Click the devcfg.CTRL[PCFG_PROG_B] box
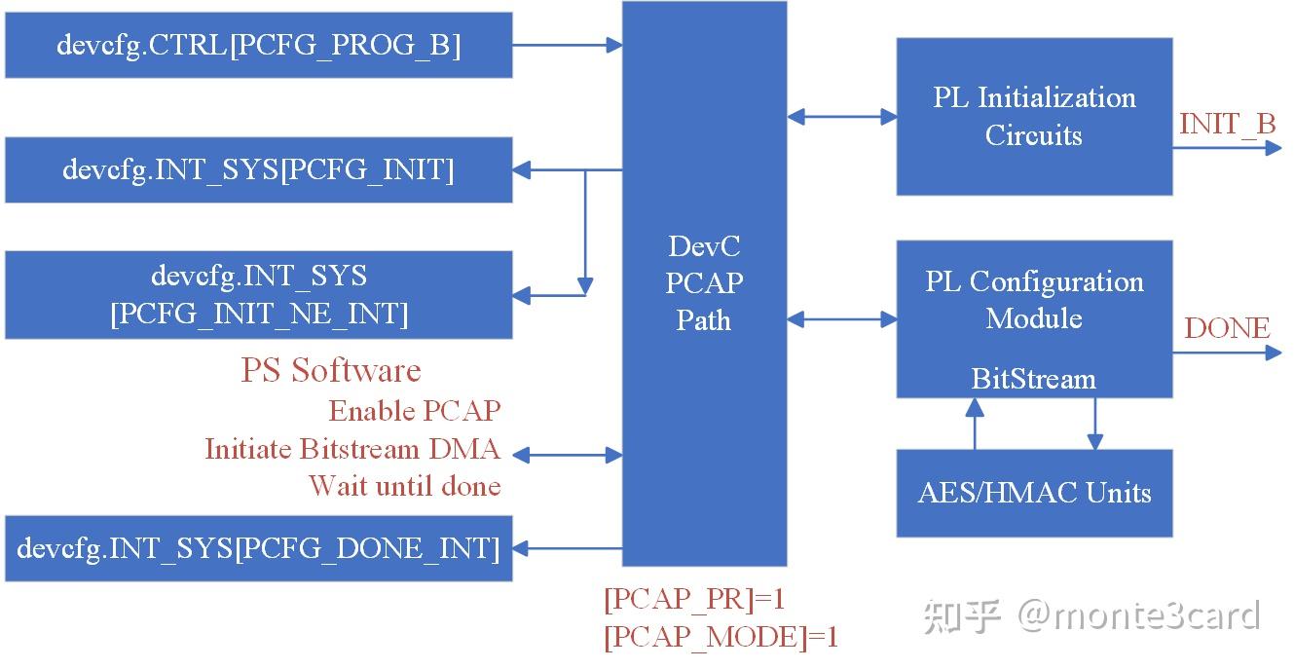click(x=258, y=45)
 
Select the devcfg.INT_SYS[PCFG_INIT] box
click(x=258, y=169)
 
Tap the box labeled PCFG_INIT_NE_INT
click(x=258, y=295)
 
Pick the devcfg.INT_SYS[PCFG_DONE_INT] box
click(x=258, y=548)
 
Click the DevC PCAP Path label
click(x=704, y=283)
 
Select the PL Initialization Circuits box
click(x=1034, y=117)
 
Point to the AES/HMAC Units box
click(x=1034, y=493)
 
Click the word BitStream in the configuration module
click(x=1033, y=379)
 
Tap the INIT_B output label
click(x=1227, y=124)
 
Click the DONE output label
click(x=1227, y=328)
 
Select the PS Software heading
click(x=331, y=370)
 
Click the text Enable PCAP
click(x=414, y=411)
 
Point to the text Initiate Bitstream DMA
click(x=351, y=449)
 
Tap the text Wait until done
click(x=404, y=485)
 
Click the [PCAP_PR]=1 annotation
click(x=693, y=599)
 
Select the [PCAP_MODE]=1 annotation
click(x=721, y=637)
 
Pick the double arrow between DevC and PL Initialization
click(x=841, y=117)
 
